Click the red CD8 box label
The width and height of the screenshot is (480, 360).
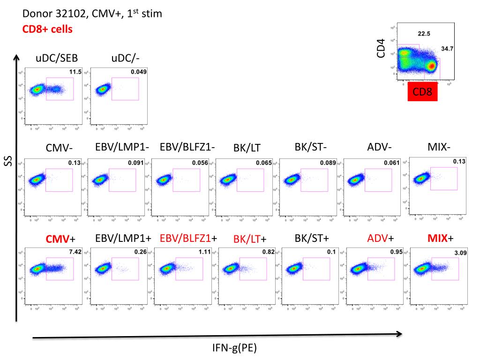pos(422,91)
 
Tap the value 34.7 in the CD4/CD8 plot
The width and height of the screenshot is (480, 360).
pos(447,49)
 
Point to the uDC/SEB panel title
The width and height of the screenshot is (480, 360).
pos(57,58)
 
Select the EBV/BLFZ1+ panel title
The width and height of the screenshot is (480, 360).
pos(188,238)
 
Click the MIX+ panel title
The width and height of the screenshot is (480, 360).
pos(441,238)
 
